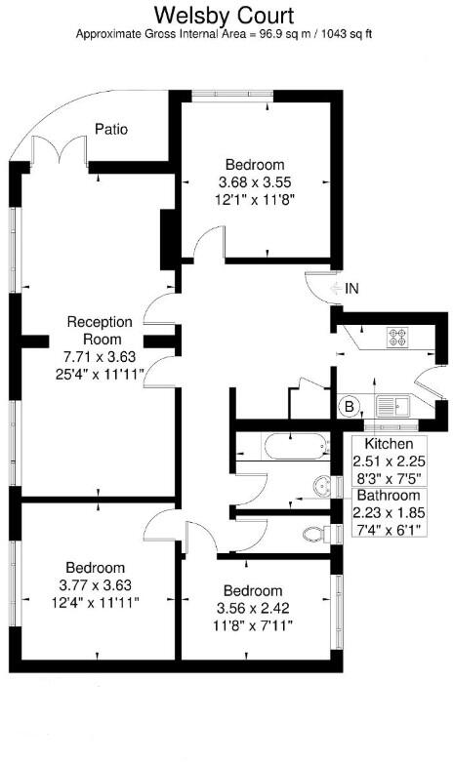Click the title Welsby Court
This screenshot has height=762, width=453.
(x=225, y=16)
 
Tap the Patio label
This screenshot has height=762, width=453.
(x=111, y=129)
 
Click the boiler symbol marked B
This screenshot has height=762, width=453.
(x=349, y=406)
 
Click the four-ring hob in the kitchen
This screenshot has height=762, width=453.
(x=397, y=338)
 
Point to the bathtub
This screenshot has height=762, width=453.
(x=296, y=447)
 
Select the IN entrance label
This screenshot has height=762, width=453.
(x=351, y=289)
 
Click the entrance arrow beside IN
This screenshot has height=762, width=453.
(x=336, y=289)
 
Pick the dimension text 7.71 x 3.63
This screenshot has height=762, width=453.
(x=100, y=357)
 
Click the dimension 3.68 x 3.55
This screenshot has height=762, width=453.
(x=255, y=182)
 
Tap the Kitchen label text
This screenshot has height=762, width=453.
(x=389, y=444)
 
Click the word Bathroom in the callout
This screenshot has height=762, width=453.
(x=389, y=496)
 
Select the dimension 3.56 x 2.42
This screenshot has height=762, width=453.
(x=253, y=609)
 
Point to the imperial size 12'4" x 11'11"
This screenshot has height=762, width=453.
(x=96, y=603)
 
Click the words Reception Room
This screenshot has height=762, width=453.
(x=100, y=331)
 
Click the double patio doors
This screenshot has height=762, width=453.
(x=60, y=149)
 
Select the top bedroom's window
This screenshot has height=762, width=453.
(x=232, y=95)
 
